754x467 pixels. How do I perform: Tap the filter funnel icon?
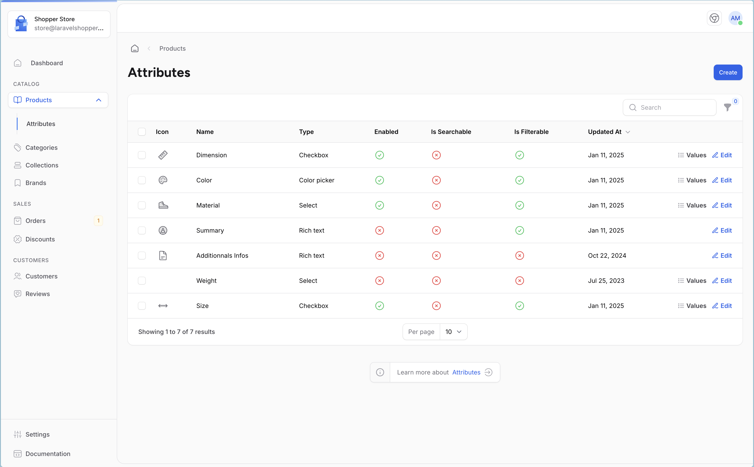tap(727, 107)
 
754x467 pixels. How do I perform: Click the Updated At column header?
tap(604, 132)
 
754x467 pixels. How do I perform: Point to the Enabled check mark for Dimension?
tap(379, 155)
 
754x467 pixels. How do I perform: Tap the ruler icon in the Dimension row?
tap(163, 155)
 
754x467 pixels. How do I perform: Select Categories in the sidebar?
tap(41, 148)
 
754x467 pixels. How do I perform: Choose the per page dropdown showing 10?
tap(453, 332)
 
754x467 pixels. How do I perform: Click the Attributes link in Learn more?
tap(466, 372)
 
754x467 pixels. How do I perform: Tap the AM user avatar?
tap(735, 18)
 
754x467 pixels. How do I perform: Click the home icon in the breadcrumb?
tap(135, 48)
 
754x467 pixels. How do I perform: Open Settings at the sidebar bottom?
tap(37, 434)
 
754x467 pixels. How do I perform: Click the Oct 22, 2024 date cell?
tap(607, 256)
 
